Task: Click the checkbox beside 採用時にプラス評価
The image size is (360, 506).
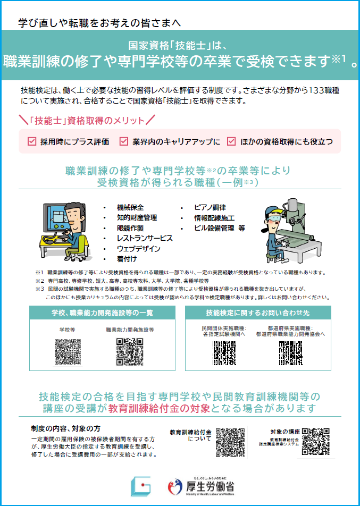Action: click(32, 141)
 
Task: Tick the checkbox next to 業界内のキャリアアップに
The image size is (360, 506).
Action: click(124, 141)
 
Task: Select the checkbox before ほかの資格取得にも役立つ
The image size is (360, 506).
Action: click(231, 141)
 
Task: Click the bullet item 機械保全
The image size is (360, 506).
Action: click(130, 207)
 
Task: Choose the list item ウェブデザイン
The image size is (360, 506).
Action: click(138, 249)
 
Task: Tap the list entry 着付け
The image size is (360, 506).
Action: click(127, 259)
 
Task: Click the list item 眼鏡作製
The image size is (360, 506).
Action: click(130, 228)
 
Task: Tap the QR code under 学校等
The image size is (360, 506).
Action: click(68, 352)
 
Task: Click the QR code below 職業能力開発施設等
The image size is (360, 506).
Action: click(129, 352)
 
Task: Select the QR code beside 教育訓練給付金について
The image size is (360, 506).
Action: click(230, 442)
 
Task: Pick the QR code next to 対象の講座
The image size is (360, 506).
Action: click(316, 442)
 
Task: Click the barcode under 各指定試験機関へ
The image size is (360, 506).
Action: click(224, 353)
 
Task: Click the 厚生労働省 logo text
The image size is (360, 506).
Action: click(210, 486)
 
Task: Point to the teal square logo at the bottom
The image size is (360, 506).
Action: click(141, 486)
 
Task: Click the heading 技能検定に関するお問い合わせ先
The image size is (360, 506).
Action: click(258, 313)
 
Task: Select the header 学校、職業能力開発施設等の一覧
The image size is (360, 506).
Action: click(102, 313)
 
